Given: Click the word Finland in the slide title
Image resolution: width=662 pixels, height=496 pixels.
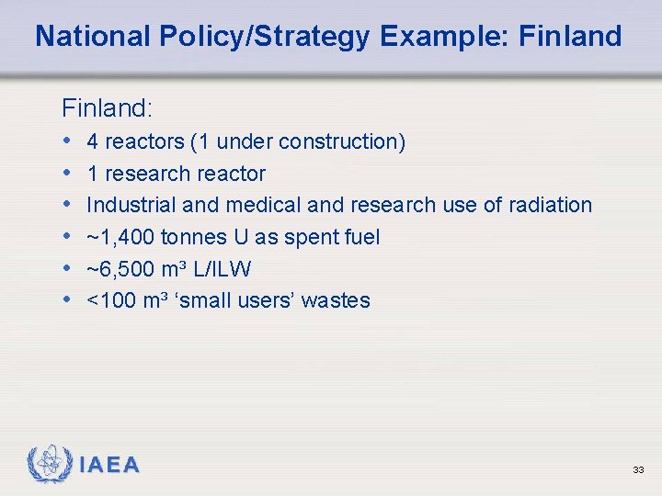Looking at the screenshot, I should (570, 37).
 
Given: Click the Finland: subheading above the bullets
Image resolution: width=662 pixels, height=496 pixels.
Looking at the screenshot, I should (107, 108).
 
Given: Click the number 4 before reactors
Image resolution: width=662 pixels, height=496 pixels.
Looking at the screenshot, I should (93, 141).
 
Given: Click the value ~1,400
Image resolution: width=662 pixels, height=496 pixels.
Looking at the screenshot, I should (120, 237).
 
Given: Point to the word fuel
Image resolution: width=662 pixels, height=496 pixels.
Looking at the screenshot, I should (360, 237).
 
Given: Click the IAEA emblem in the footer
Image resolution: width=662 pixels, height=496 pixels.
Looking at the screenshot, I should (51, 464).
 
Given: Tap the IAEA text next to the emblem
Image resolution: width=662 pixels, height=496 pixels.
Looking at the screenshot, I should (109, 466).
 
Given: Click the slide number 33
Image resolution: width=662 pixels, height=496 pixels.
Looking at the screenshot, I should (638, 470).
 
